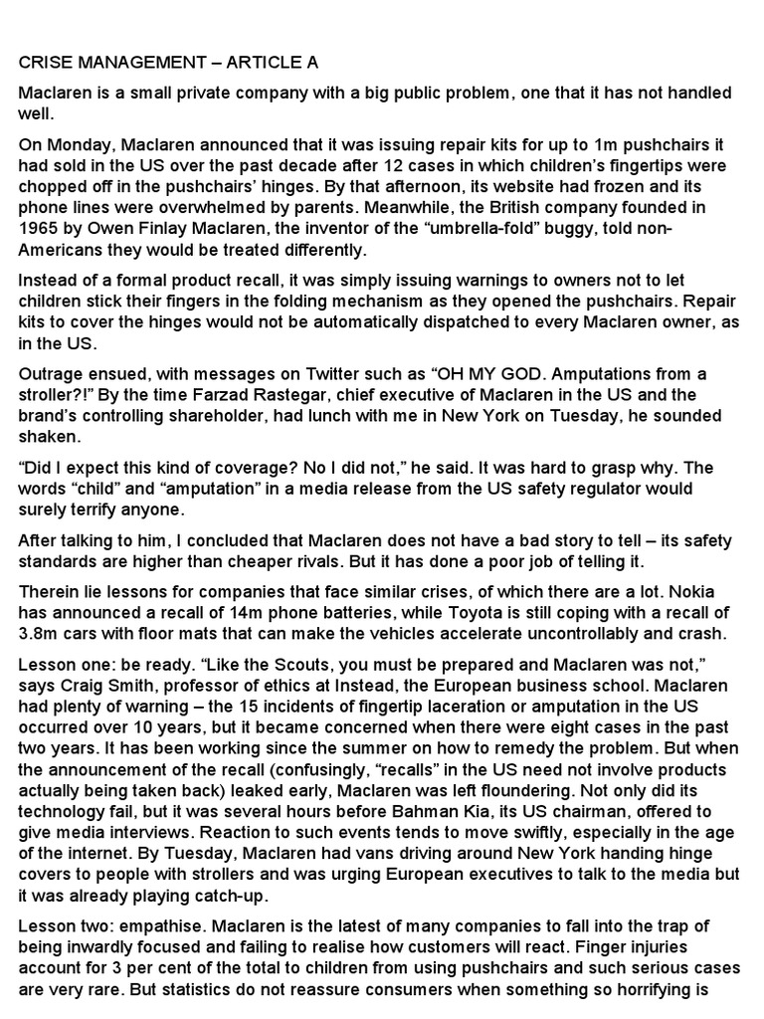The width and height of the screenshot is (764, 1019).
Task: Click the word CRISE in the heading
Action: tap(45, 63)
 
